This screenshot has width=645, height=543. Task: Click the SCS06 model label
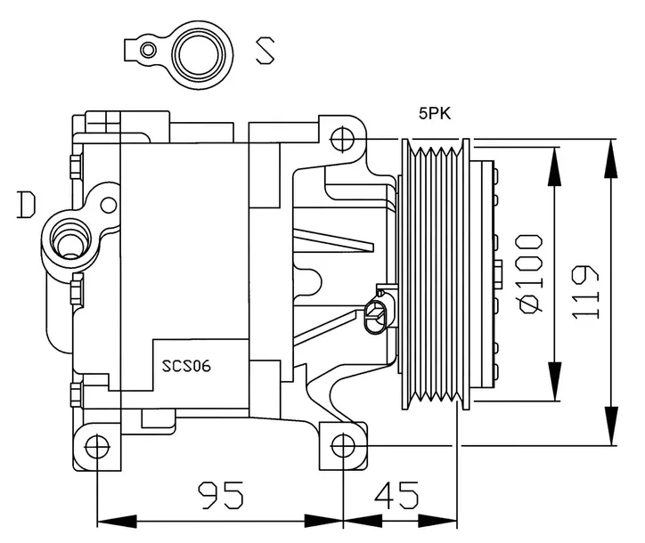click(186, 366)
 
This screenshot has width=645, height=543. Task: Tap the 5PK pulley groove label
click(435, 113)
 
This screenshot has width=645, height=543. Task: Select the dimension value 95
click(221, 495)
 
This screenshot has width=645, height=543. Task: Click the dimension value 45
click(397, 495)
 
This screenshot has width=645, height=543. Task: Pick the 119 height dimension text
click(585, 292)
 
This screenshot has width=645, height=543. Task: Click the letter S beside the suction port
click(265, 51)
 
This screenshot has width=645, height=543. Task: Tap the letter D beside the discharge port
click(27, 205)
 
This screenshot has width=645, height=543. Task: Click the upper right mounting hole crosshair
click(343, 140)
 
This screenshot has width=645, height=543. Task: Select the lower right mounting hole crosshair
click(343, 445)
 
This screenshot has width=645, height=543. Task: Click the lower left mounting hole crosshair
click(97, 447)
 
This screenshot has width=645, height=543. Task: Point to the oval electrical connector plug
click(375, 317)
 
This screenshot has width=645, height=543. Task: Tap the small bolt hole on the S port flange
click(147, 50)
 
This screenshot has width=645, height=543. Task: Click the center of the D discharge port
click(69, 242)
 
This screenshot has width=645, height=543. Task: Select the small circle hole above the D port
click(109, 205)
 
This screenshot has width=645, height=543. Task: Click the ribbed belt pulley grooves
click(436, 274)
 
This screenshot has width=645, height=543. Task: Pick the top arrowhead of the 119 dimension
click(611, 158)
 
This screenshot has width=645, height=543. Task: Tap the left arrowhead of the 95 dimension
click(117, 522)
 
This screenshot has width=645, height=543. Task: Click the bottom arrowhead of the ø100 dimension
click(554, 381)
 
